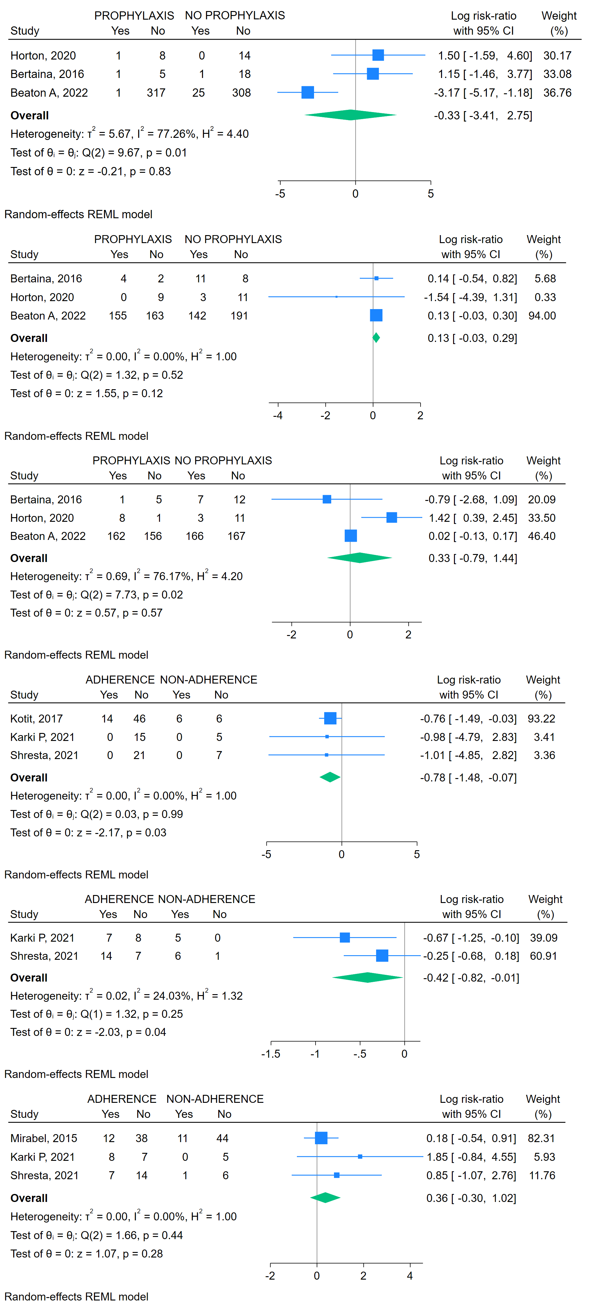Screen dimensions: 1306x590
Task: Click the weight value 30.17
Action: coord(557,56)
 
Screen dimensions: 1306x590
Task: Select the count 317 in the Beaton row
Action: coord(156,93)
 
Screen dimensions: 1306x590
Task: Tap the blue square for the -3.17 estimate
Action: coord(308,92)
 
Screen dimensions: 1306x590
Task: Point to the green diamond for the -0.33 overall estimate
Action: coord(350,115)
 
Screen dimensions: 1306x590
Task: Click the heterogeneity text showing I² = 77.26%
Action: coord(129,134)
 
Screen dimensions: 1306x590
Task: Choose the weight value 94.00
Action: coord(542,316)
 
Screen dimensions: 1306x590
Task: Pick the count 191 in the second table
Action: coord(239,316)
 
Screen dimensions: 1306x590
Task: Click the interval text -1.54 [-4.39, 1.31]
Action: coord(470,298)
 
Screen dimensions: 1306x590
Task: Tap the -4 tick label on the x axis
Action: coord(278,416)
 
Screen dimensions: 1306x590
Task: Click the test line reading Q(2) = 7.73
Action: coord(96,595)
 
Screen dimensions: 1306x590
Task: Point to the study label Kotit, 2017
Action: coord(37,719)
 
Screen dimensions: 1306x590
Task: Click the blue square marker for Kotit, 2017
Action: coord(330,719)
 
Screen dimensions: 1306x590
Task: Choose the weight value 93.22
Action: coord(541,719)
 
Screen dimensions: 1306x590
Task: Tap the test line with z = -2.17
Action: coord(88,832)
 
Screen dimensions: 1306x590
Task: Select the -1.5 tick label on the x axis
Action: coord(271,1054)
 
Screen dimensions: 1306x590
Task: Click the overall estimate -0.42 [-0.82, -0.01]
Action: coord(471,978)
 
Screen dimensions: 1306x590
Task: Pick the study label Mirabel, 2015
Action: coord(44,1139)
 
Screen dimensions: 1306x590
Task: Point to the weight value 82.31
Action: coord(541,1139)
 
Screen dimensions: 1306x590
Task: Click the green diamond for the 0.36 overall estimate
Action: coord(325,1198)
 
